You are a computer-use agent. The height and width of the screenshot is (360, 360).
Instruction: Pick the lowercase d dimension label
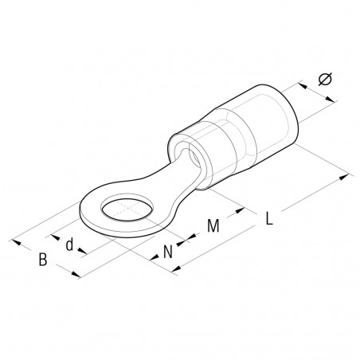(70, 245)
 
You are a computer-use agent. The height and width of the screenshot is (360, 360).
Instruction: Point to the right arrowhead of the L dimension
(349, 174)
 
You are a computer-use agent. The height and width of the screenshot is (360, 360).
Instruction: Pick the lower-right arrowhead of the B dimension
(77, 276)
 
